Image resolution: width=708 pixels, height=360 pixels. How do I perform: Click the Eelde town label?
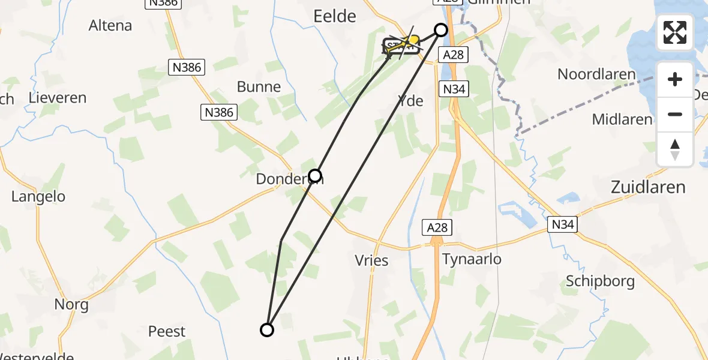pyautogui.click(x=335, y=16)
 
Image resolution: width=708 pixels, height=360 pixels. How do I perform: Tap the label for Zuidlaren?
pyautogui.click(x=647, y=187)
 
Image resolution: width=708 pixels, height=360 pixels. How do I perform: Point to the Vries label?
pyautogui.click(x=372, y=260)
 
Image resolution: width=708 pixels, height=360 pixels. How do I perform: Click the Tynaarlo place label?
pyautogui.click(x=471, y=259)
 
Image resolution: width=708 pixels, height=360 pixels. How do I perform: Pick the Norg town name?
pyautogui.click(x=71, y=304)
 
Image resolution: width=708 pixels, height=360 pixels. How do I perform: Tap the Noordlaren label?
pyautogui.click(x=596, y=74)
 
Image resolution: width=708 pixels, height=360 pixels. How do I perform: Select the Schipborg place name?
pyautogui.click(x=601, y=281)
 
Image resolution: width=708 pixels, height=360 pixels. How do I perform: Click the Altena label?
pyautogui.click(x=110, y=26)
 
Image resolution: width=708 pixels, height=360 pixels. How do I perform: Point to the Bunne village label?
pyautogui.click(x=259, y=87)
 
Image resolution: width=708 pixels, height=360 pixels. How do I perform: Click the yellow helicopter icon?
pyautogui.click(x=411, y=41)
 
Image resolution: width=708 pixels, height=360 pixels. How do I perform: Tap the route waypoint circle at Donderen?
pyautogui.click(x=315, y=176)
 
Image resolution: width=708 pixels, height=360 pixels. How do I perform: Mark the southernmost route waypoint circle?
pyautogui.click(x=267, y=329)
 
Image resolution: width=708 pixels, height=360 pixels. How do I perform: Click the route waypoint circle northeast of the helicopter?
pyautogui.click(x=441, y=30)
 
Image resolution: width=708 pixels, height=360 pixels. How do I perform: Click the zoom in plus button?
pyautogui.click(x=675, y=79)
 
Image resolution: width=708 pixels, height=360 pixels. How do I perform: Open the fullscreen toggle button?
pyautogui.click(x=675, y=32)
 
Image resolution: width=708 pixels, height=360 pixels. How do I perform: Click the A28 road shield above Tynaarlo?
pyautogui.click(x=436, y=227)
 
